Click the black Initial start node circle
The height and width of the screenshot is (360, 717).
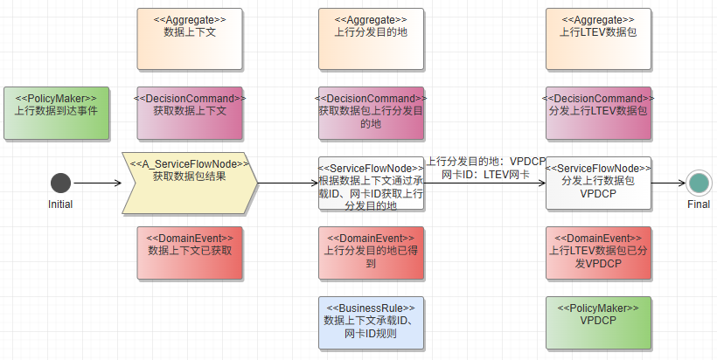point(60,183)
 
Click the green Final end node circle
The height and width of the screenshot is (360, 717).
point(698,183)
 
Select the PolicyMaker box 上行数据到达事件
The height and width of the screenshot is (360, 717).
point(56,113)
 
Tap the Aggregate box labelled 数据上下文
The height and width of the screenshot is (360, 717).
point(190,38)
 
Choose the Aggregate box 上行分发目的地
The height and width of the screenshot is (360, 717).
point(371,38)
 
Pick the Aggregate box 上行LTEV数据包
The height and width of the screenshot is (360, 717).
point(598,38)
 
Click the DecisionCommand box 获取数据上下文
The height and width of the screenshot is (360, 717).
point(190,113)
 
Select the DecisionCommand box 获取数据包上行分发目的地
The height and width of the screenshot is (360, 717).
point(371,113)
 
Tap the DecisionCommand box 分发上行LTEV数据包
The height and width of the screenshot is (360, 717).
point(598,113)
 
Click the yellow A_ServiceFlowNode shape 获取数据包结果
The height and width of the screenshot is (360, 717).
point(190,183)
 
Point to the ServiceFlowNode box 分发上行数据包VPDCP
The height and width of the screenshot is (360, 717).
point(598,183)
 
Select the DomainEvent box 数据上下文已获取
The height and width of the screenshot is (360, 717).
point(190,253)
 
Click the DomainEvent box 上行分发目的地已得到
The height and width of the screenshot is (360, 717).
point(371,253)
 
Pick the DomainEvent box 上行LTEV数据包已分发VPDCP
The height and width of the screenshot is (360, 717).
point(598,253)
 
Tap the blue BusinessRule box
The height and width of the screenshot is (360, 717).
point(371,322)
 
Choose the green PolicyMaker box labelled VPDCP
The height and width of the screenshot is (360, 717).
point(598,322)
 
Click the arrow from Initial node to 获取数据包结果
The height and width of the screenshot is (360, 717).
point(96,183)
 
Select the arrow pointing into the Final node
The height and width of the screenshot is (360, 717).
point(669,183)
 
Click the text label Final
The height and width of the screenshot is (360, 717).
point(698,204)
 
